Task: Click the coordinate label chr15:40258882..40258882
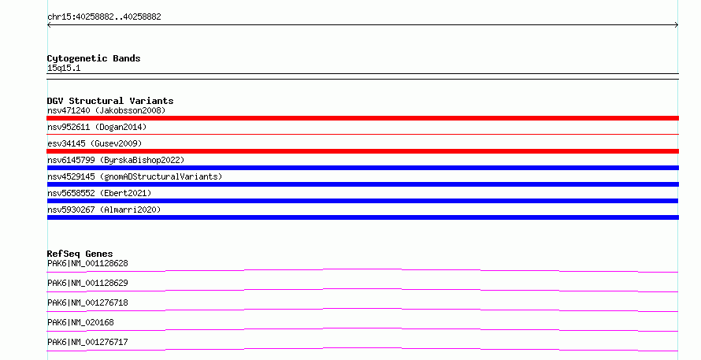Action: [x=104, y=17]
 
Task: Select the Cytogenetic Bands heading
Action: [x=94, y=58]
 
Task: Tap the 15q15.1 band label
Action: [x=64, y=68]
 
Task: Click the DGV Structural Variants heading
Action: [x=110, y=101]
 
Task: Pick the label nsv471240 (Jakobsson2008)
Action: [x=106, y=110]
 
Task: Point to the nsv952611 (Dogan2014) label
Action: [x=97, y=127]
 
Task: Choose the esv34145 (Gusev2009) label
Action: [x=95, y=143]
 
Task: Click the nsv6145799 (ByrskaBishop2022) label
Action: [x=116, y=160]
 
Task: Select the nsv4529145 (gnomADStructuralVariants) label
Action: [x=135, y=176]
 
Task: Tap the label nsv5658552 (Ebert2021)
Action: [x=99, y=193]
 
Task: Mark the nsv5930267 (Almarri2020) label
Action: [x=104, y=210]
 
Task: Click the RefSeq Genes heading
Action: [x=80, y=254]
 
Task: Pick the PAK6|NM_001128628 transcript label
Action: [x=87, y=263]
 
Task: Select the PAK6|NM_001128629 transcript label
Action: [x=87, y=283]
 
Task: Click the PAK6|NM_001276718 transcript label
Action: [x=87, y=302]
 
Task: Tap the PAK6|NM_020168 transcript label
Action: [x=80, y=322]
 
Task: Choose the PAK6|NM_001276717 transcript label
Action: [x=87, y=342]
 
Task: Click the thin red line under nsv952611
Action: [x=362, y=134]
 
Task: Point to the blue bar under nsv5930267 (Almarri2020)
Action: [x=362, y=217]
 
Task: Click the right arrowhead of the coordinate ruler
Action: [x=677, y=25]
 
